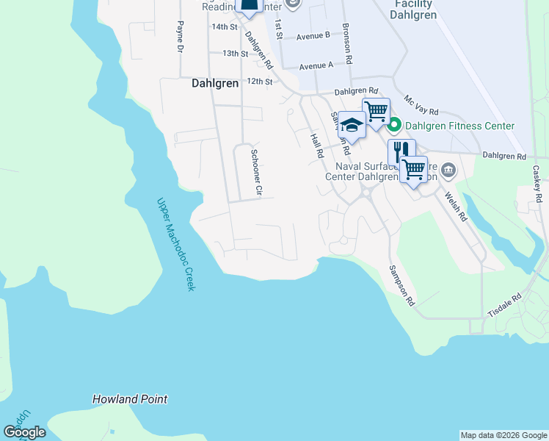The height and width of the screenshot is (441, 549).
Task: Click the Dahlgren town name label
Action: click(215, 83)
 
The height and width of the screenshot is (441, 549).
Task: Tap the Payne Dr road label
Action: click(179, 37)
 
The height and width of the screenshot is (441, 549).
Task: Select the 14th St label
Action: click(225, 26)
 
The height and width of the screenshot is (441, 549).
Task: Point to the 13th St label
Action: click(236, 54)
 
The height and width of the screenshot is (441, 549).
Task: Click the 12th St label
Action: click(260, 81)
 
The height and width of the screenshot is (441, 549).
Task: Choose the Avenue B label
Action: click(313, 35)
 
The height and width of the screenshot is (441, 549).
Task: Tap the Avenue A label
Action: click(316, 65)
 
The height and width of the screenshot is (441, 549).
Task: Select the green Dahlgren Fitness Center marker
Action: click(393, 126)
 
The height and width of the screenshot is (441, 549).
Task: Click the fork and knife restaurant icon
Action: click(401, 151)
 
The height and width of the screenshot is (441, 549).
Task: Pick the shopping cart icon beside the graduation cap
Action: click(376, 111)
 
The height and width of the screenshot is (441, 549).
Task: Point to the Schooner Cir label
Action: click(256, 173)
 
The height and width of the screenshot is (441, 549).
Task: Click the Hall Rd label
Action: click(317, 145)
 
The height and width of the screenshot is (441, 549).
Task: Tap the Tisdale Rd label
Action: click(506, 306)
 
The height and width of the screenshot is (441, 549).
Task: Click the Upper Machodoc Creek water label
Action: click(175, 243)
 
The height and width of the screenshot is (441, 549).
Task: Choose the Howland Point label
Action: click(130, 399)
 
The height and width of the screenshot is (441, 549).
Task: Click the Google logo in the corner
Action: click(24, 431)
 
